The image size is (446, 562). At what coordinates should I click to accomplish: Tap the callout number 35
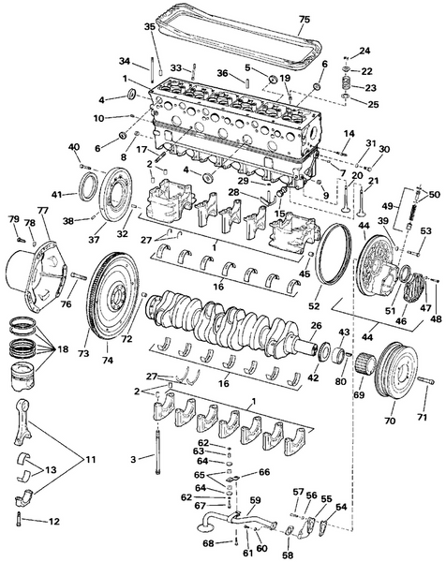[149, 28]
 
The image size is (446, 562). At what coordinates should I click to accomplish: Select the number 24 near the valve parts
[364, 50]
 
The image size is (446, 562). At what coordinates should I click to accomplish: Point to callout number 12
[53, 521]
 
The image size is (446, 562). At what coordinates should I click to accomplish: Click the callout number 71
[421, 416]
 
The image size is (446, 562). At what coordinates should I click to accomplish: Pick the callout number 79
[13, 219]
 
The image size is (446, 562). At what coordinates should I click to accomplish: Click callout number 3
[135, 457]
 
